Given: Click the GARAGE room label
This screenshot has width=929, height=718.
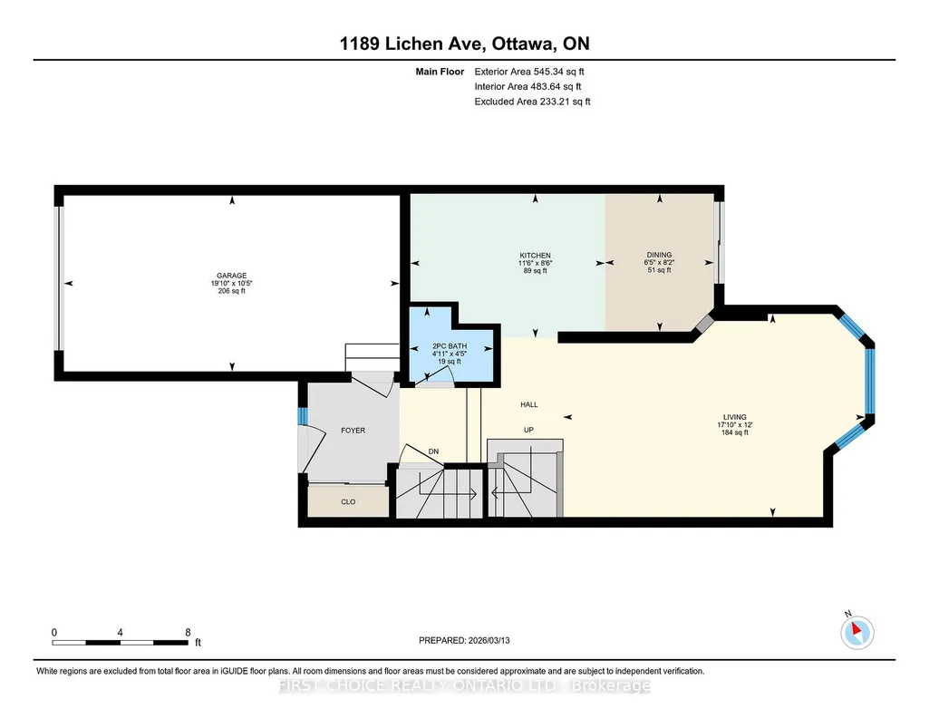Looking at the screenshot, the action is (x=232, y=276).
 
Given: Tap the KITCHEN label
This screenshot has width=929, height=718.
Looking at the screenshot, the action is (x=536, y=256).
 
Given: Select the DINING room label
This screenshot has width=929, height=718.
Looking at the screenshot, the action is (x=660, y=255).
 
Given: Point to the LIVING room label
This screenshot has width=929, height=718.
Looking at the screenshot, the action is (x=735, y=417).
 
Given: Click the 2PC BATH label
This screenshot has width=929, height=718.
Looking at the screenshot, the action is (x=450, y=346).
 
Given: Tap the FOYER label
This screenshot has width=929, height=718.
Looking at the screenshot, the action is (x=353, y=431).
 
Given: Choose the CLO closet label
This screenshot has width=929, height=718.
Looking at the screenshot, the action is (x=348, y=501).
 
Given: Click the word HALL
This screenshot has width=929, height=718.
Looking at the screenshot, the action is (x=529, y=404).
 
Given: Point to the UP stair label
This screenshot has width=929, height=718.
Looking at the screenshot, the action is (x=528, y=430).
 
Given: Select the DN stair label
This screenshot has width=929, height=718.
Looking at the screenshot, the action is (x=434, y=451).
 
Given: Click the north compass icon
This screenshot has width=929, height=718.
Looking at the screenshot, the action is (x=856, y=632).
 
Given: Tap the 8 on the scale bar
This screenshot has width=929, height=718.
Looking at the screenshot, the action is (x=188, y=632).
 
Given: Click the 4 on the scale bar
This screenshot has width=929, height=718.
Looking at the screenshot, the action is (x=121, y=632).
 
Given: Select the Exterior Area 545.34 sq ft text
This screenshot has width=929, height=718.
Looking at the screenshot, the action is (x=529, y=72).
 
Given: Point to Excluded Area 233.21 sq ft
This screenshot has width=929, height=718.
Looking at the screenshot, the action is (x=532, y=102).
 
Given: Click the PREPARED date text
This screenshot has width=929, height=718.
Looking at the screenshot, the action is (x=464, y=640).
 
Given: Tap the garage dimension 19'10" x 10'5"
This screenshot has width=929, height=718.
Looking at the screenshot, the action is (x=232, y=283).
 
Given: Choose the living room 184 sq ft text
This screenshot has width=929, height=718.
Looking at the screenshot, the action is (x=735, y=432).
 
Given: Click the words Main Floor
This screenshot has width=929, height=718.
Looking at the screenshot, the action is (x=440, y=72).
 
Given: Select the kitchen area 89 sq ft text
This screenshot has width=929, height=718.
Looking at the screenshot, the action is (x=536, y=271).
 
